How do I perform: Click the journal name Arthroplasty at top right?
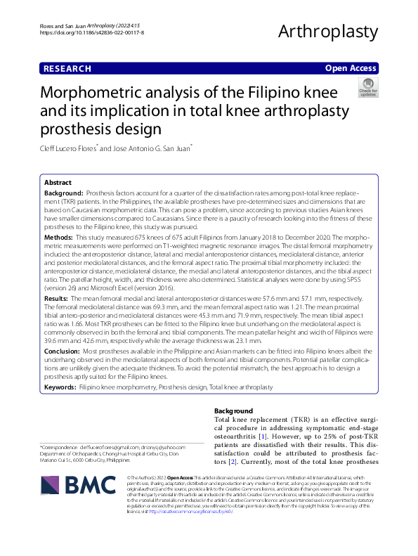point(329,31)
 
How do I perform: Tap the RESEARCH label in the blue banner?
point(67,69)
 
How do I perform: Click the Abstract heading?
point(58,181)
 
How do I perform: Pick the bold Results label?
point(58,299)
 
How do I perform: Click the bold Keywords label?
point(60,387)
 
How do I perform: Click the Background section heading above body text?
point(233,410)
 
